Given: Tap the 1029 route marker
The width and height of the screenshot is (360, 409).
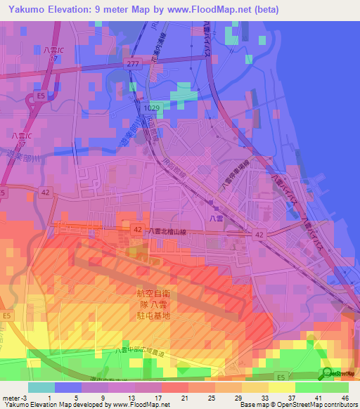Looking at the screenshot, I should click(x=151, y=108).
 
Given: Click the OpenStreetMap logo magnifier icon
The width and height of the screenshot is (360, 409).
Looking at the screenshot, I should click(x=327, y=373).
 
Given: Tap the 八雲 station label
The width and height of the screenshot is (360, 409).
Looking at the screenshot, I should click(x=215, y=218).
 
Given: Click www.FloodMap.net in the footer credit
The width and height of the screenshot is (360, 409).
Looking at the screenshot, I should click(x=141, y=405).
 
